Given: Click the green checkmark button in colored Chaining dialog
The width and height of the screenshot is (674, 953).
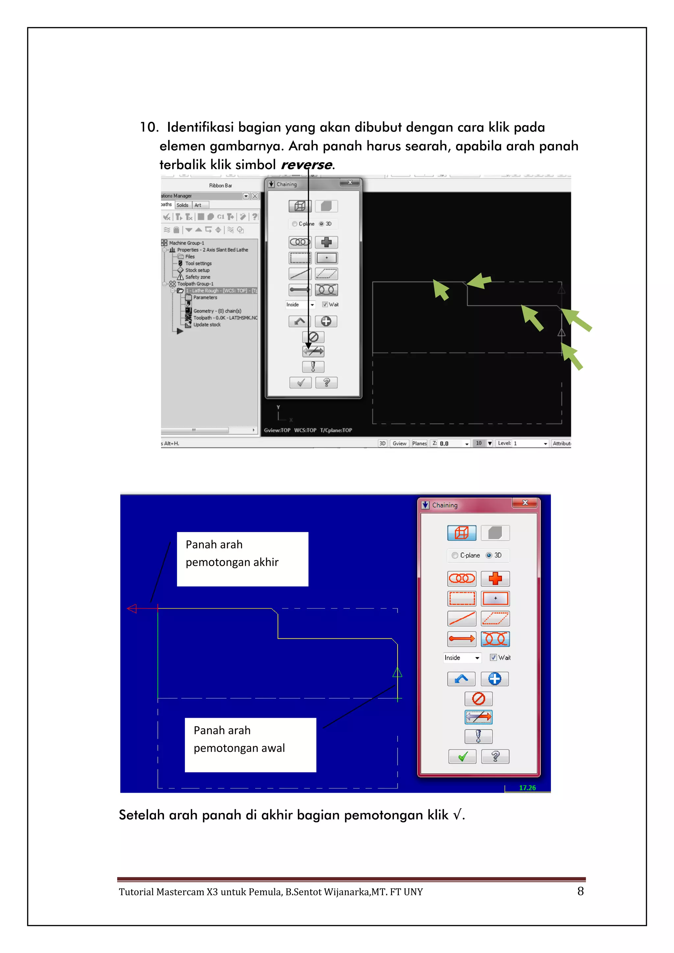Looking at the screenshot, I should point(462,757).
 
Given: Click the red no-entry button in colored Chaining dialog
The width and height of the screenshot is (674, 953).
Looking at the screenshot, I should point(478,699).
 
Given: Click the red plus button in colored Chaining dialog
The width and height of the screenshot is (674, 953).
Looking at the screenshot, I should point(495,578).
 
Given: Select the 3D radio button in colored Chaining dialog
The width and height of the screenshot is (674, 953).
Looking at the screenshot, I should point(489,555).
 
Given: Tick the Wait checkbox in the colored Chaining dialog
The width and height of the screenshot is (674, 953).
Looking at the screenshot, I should point(493,657).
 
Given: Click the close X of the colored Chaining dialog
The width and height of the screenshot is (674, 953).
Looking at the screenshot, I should point(525,502).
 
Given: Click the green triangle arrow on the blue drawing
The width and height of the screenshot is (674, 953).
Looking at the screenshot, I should point(397,672).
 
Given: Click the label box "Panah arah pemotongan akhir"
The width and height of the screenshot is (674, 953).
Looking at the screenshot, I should point(242,559).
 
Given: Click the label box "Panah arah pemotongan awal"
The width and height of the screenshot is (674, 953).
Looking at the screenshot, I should point(250,745).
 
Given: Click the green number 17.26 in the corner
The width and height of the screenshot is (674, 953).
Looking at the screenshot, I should point(527,788).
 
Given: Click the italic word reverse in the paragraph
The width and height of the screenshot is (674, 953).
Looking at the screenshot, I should point(306,165).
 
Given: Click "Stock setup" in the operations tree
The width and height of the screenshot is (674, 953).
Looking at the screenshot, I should point(197,270).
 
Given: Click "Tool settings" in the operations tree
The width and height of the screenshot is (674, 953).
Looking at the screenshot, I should point(198,264).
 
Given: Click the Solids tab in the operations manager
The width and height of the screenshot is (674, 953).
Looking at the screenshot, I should point(182,205).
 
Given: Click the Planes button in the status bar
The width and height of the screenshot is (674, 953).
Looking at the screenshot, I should point(419,443).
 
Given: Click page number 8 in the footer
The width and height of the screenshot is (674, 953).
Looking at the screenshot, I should point(580,891).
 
